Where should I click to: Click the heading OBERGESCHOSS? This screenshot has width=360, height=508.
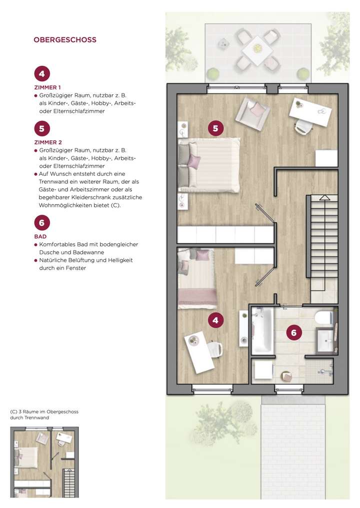pos(64,40)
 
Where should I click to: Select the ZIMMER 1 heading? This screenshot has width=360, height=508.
pos(47,87)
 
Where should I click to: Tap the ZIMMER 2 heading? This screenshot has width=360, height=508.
pos(47,142)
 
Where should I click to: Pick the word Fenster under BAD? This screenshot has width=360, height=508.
pos(74,268)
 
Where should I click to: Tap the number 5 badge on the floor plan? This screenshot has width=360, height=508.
pos(215,128)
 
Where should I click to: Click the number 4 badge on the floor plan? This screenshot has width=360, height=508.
pos(215,320)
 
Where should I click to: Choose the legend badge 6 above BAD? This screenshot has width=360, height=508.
pos(41,223)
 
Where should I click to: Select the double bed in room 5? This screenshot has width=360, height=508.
pos(210,165)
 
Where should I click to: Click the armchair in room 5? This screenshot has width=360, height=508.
pos(253,112)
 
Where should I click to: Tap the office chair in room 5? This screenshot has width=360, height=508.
pos(301,127)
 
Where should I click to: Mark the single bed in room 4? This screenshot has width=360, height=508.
pos(197,278)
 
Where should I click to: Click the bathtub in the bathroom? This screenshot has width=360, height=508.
pos(262,330)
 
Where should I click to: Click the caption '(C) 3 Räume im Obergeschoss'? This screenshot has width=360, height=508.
pos(44,412)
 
